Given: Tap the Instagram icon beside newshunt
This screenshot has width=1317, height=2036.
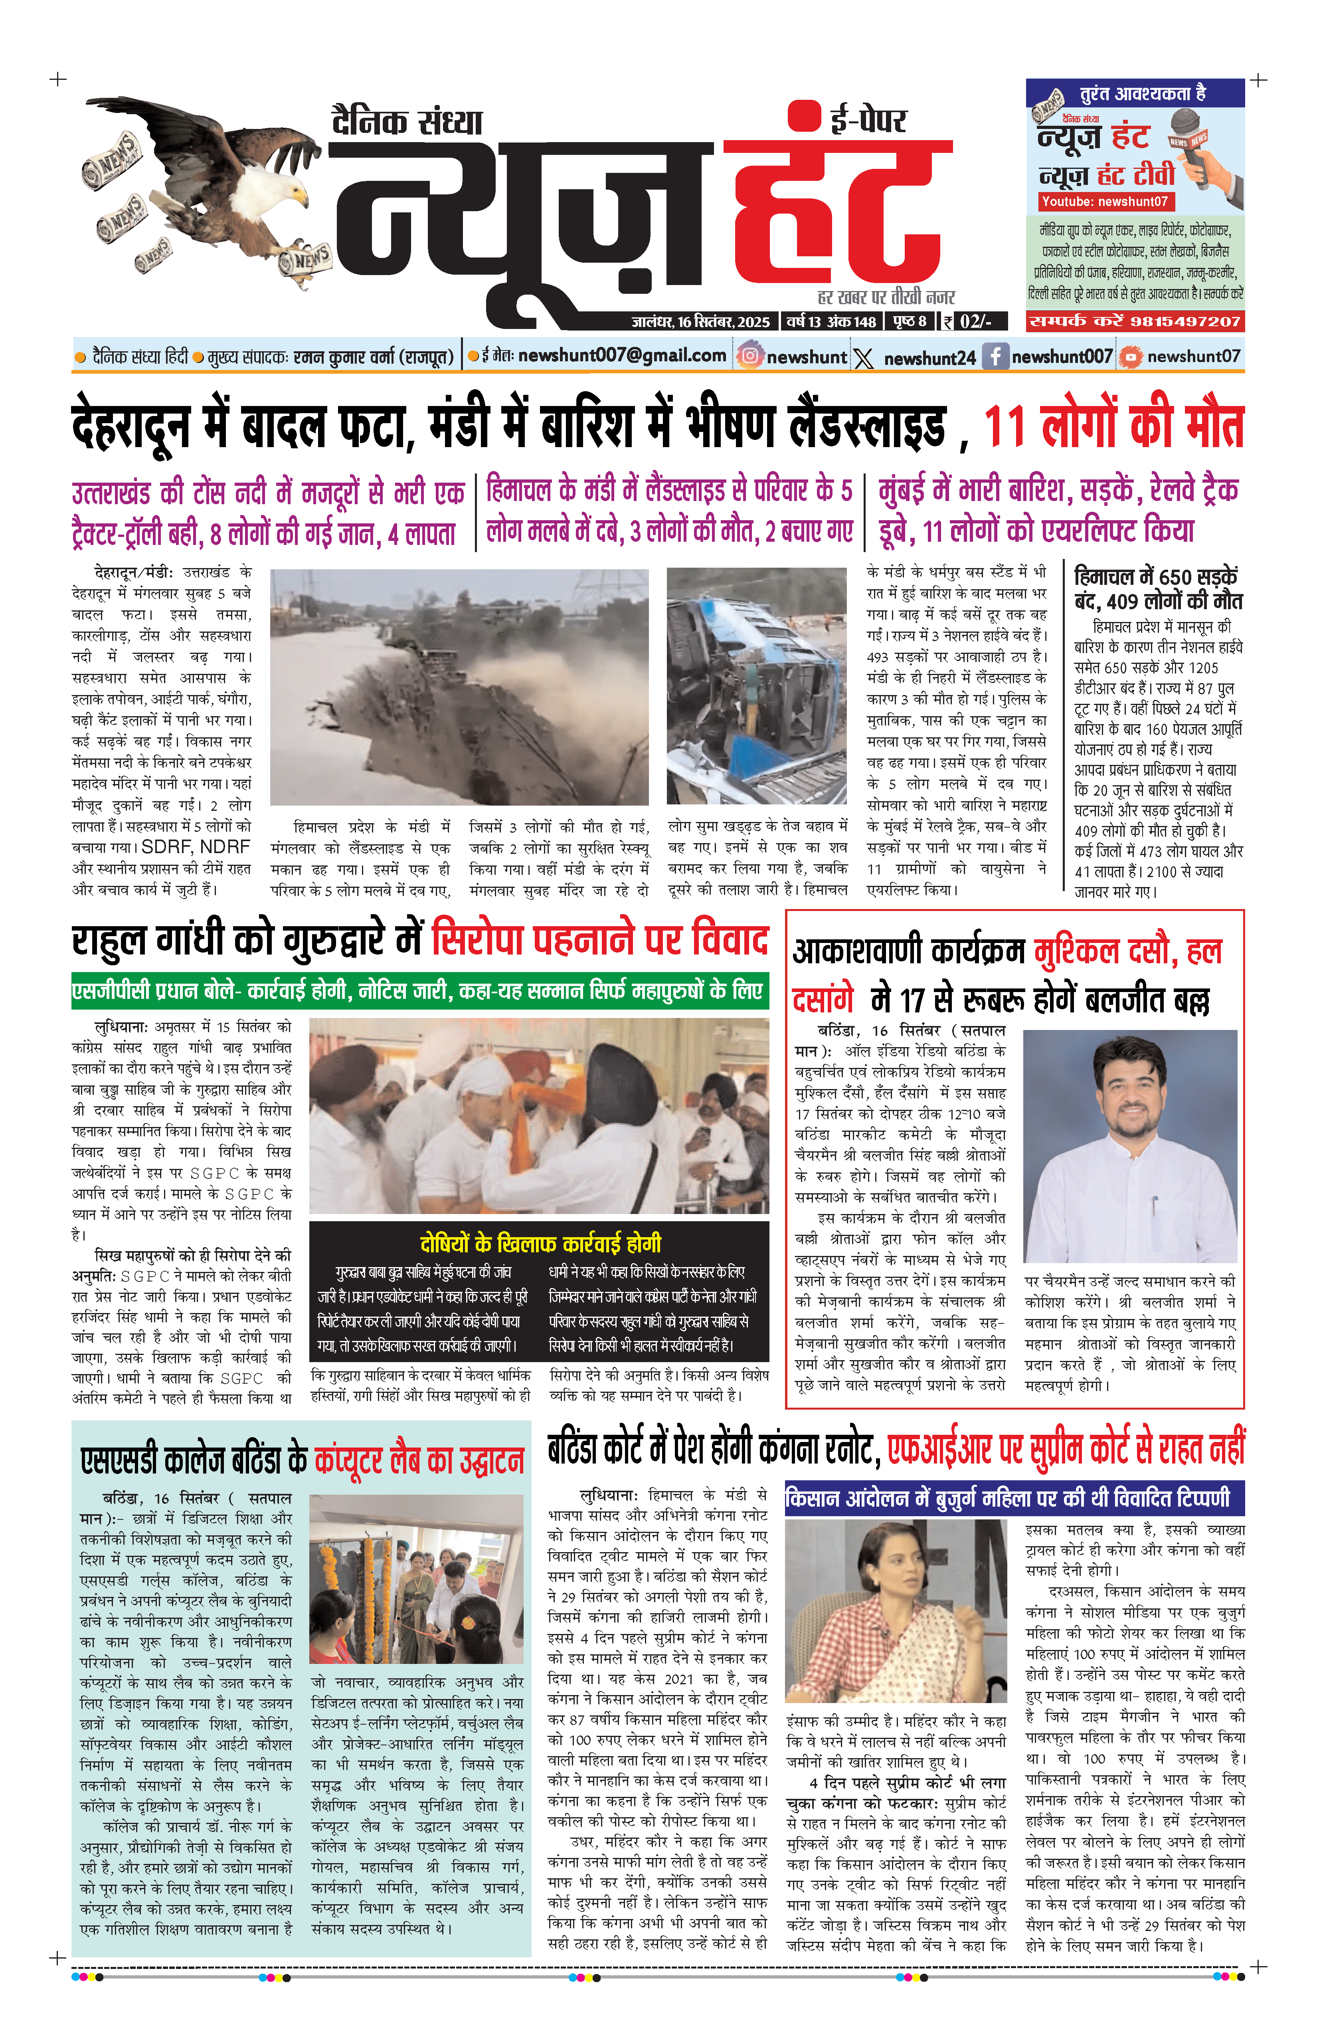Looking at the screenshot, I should (x=750, y=356).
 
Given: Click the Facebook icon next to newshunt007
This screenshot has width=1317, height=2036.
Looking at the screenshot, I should (x=995, y=356).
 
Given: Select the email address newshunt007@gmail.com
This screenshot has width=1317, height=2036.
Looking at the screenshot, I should (x=622, y=356).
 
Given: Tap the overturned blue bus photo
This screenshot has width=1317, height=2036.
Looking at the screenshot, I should (x=757, y=686).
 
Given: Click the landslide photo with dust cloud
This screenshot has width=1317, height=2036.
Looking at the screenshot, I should (x=459, y=686).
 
